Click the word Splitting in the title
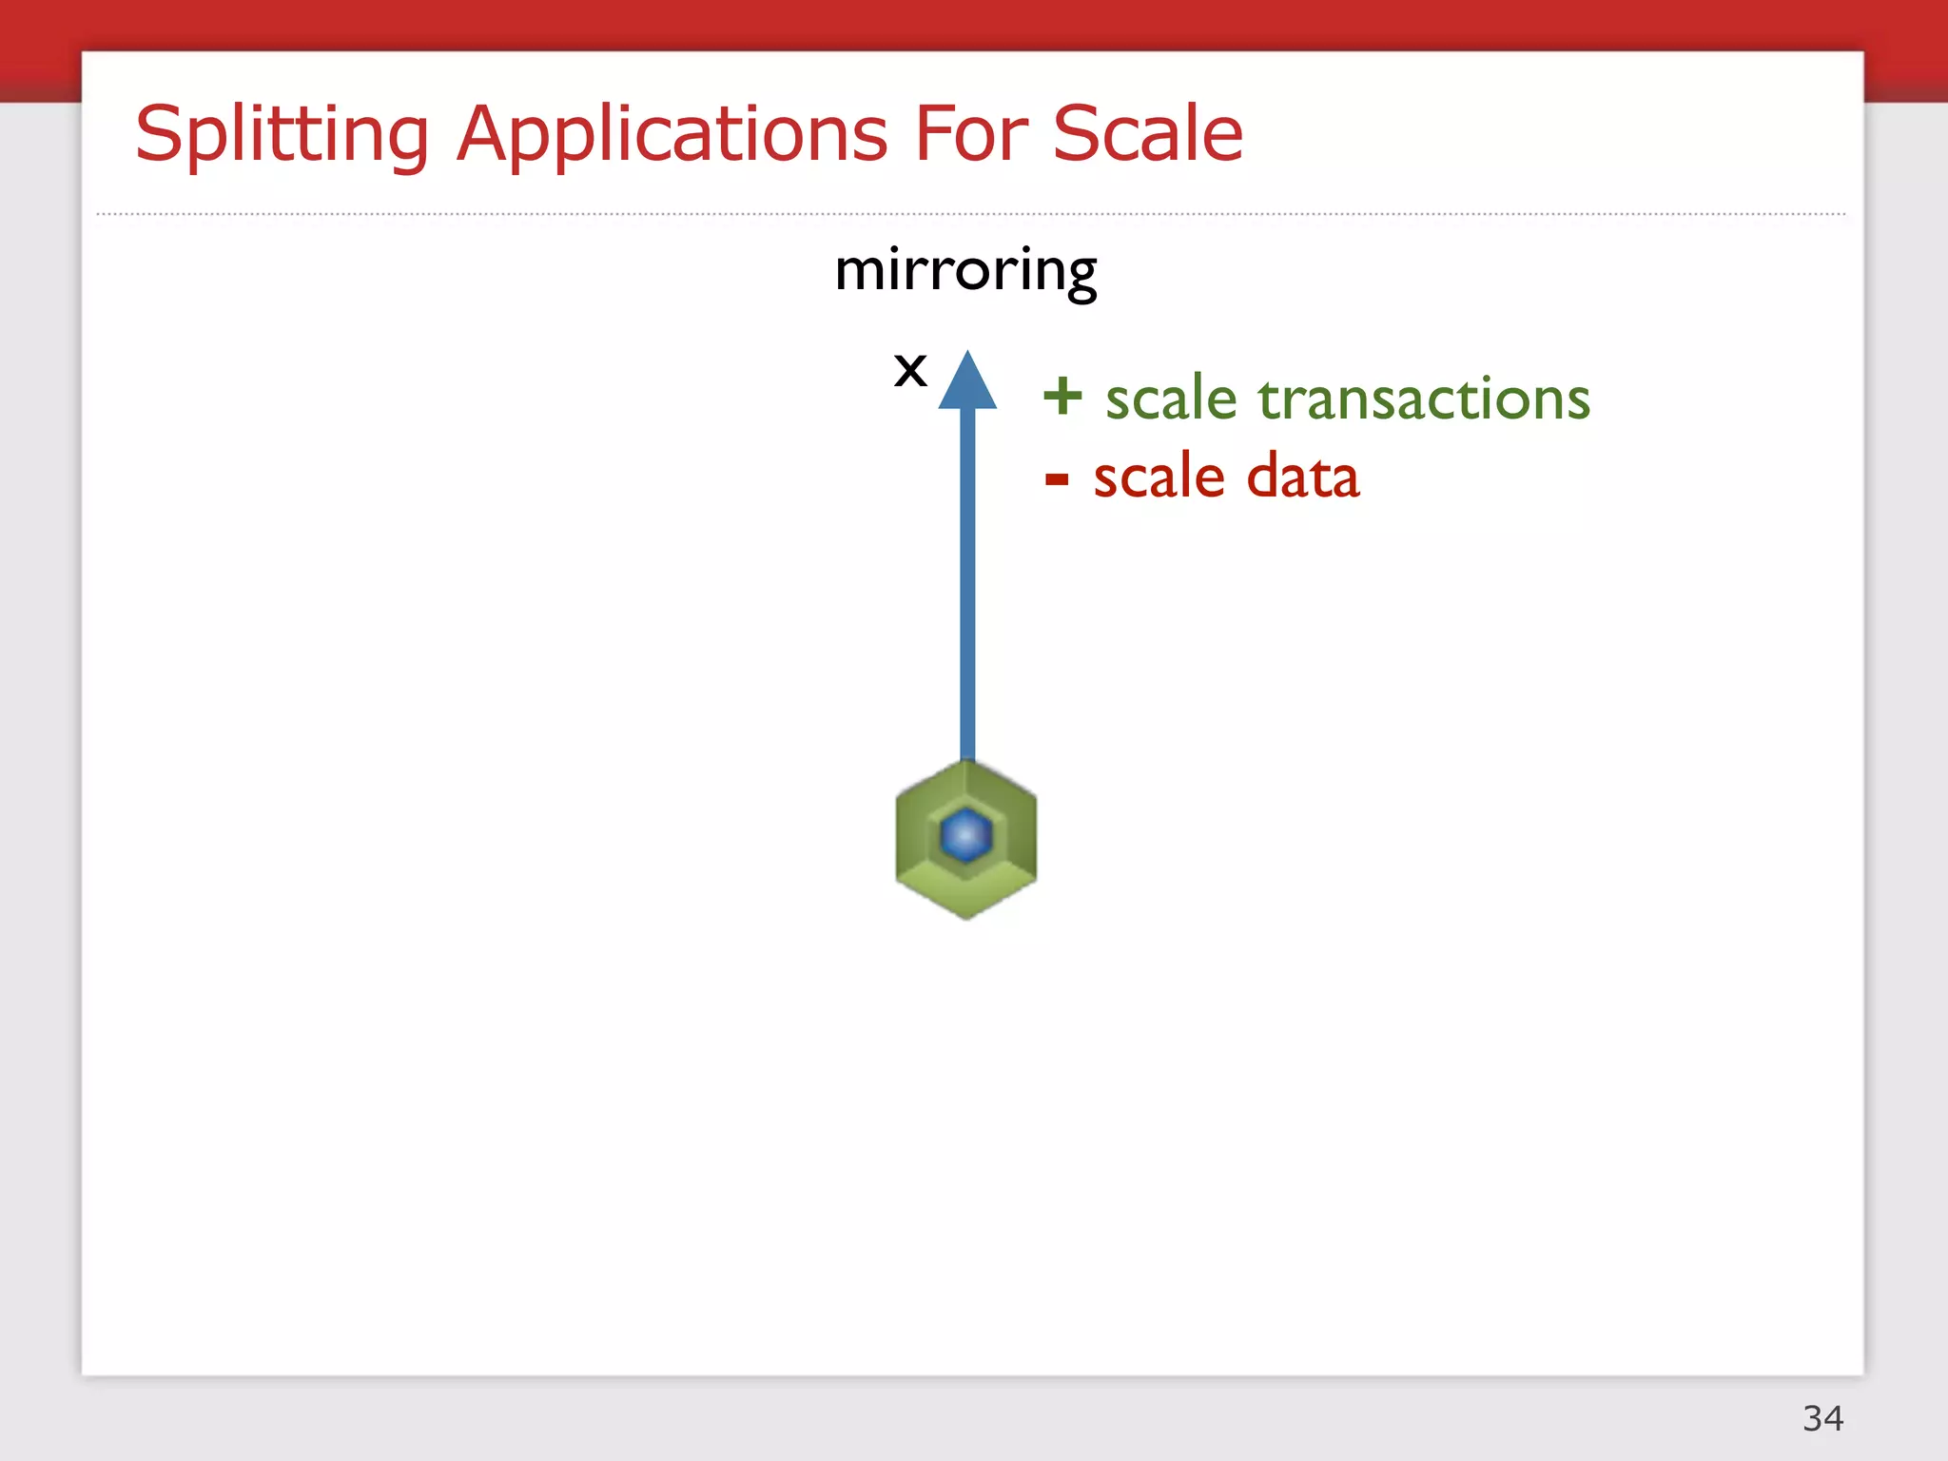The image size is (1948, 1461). pos(282,134)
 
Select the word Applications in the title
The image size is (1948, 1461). pos(672,134)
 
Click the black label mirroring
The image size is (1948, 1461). pos(965,271)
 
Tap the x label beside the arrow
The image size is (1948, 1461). pos(910,370)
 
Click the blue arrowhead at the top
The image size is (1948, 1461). pos(967,384)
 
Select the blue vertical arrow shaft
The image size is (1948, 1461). pos(967,580)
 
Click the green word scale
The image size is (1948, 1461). pos(1170,399)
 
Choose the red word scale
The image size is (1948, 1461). pos(1158,477)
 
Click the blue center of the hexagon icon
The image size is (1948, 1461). pos(965,835)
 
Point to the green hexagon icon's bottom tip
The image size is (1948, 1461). pos(966,914)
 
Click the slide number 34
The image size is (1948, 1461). pos(1822,1418)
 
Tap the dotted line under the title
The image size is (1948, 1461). pos(970,214)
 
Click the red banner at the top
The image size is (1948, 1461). pos(970,24)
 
